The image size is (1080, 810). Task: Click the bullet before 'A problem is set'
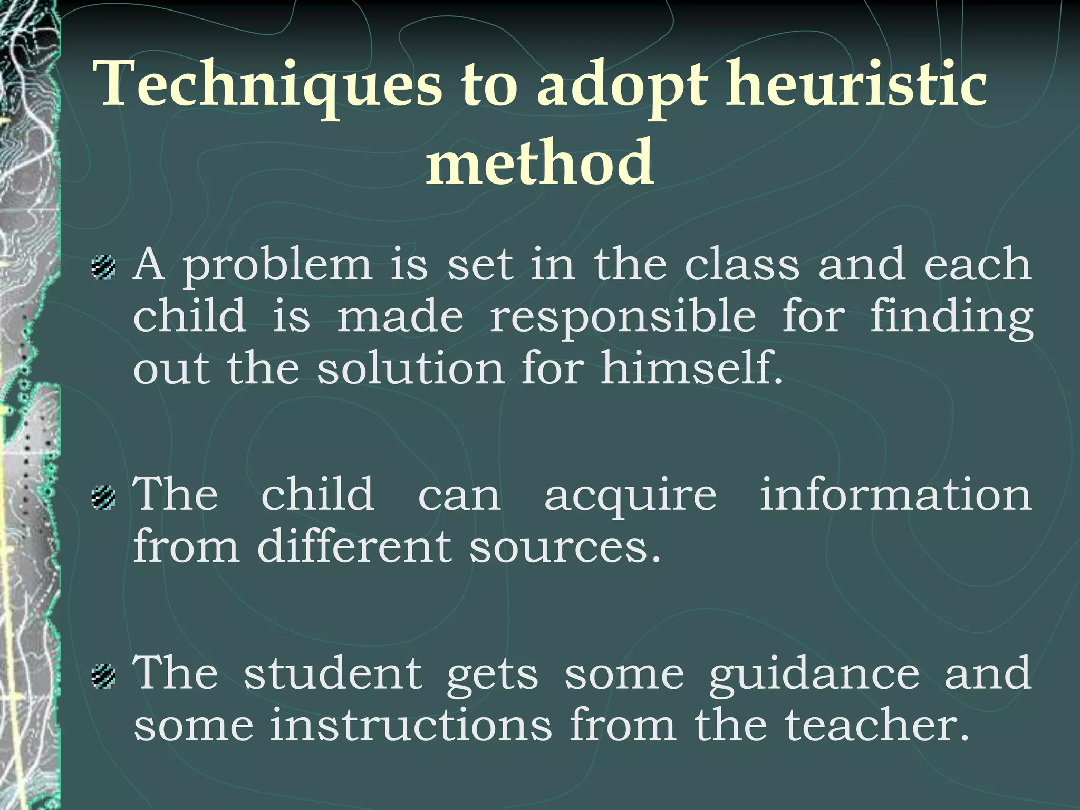tap(103, 267)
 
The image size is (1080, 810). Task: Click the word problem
tap(277, 267)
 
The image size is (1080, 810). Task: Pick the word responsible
tap(623, 319)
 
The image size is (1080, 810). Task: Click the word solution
tap(411, 369)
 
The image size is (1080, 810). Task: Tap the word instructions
tap(411, 726)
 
